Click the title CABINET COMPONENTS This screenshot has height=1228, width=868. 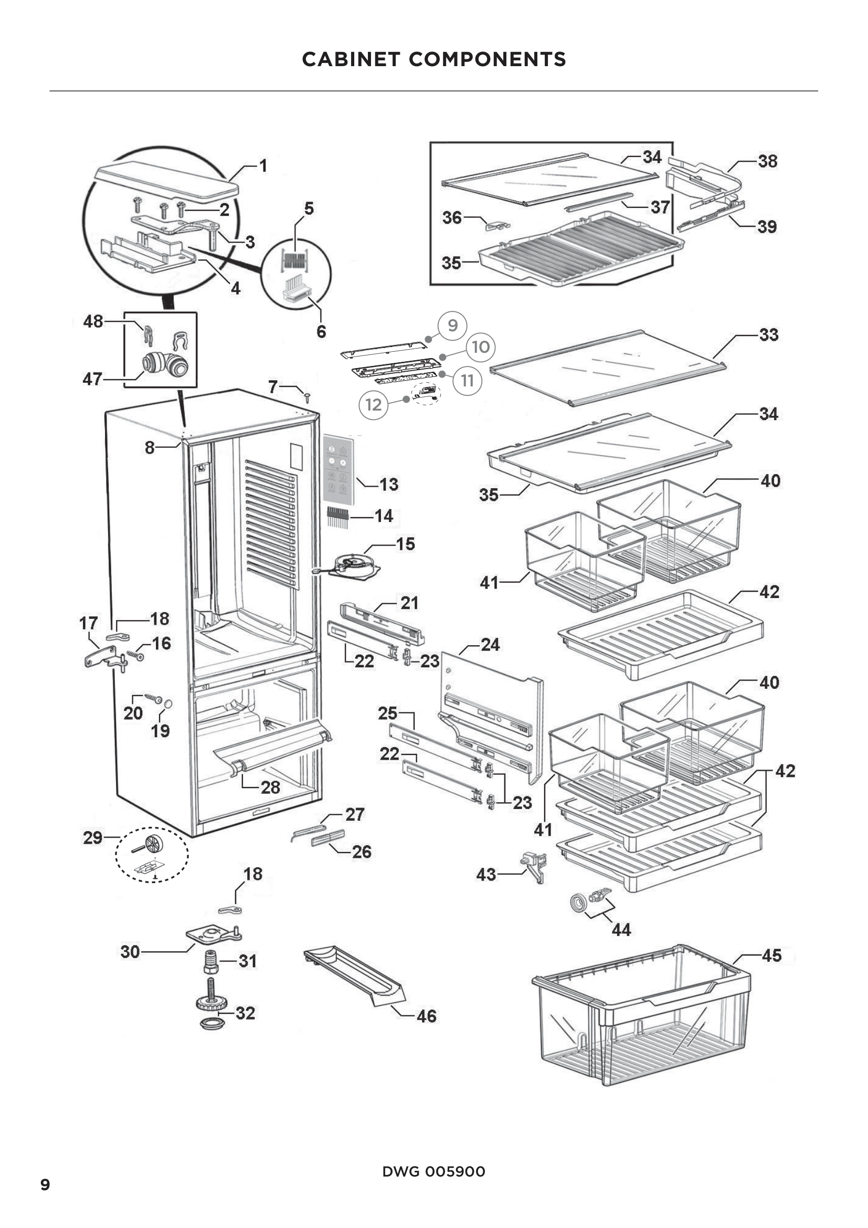[x=433, y=59]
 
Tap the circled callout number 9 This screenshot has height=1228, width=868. [x=452, y=325]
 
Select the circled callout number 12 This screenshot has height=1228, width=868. [x=373, y=405]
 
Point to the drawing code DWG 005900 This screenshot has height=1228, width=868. [x=433, y=1171]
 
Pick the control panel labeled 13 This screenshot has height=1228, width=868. [x=338, y=470]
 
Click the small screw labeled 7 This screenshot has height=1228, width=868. [x=308, y=396]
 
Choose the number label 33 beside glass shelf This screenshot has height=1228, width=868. [x=768, y=335]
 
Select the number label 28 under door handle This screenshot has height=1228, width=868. [x=270, y=788]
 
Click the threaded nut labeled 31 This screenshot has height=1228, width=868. [x=211, y=962]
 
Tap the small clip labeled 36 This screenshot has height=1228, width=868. [x=496, y=225]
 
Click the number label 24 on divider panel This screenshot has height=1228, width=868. [x=490, y=645]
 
